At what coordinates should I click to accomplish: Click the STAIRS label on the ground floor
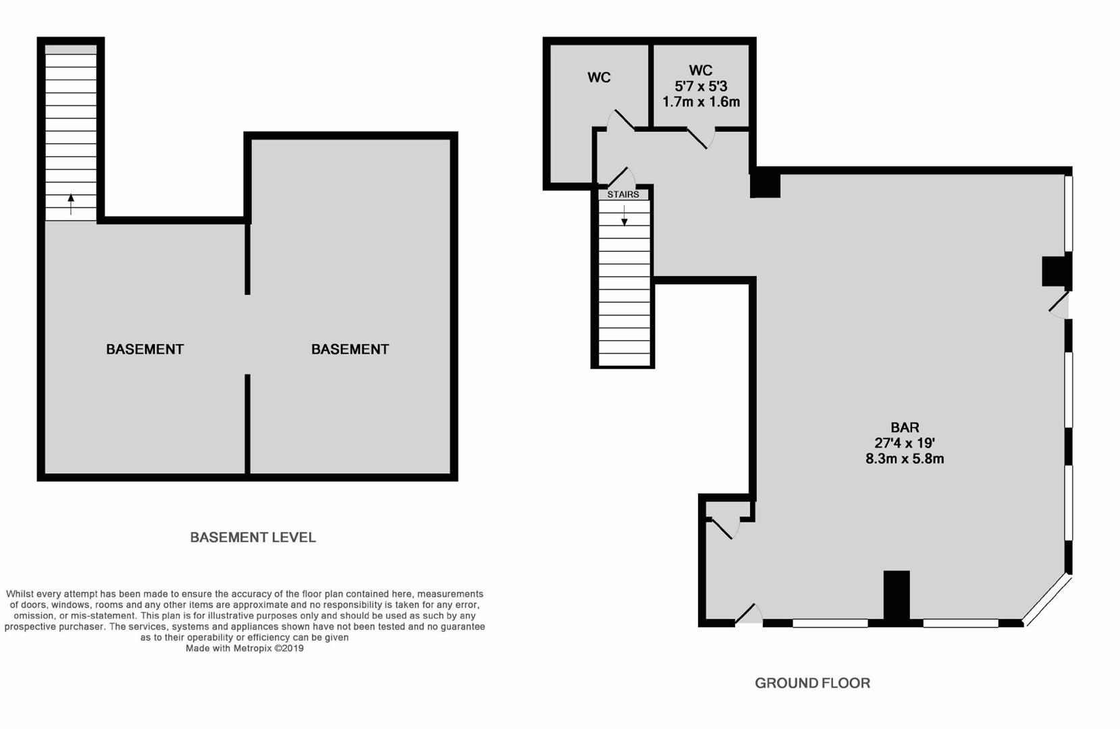[x=623, y=194]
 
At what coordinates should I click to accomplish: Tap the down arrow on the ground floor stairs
[x=624, y=215]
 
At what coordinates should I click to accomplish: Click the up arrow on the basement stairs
[x=71, y=205]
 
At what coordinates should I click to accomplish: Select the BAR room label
[x=905, y=427]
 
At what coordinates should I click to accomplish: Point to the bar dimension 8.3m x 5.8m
[x=905, y=458]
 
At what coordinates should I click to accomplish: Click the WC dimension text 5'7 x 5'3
[x=701, y=86]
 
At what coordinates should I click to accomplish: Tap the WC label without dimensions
[x=599, y=78]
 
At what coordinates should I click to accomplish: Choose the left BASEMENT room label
[x=145, y=349]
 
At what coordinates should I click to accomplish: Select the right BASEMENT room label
[x=350, y=349]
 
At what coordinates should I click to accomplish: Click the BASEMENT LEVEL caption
[x=253, y=537]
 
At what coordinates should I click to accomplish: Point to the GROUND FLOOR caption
[x=813, y=683]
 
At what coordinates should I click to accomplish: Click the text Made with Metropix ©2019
[x=244, y=649]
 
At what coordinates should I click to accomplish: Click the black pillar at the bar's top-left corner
[x=765, y=185]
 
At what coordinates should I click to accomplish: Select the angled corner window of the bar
[x=1048, y=601]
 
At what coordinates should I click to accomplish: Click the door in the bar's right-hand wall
[x=1059, y=305]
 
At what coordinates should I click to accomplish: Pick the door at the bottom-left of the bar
[x=749, y=614]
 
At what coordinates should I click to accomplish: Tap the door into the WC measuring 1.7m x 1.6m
[x=701, y=138]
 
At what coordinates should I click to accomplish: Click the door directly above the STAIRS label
[x=621, y=177]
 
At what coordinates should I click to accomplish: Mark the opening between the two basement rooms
[x=248, y=335]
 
